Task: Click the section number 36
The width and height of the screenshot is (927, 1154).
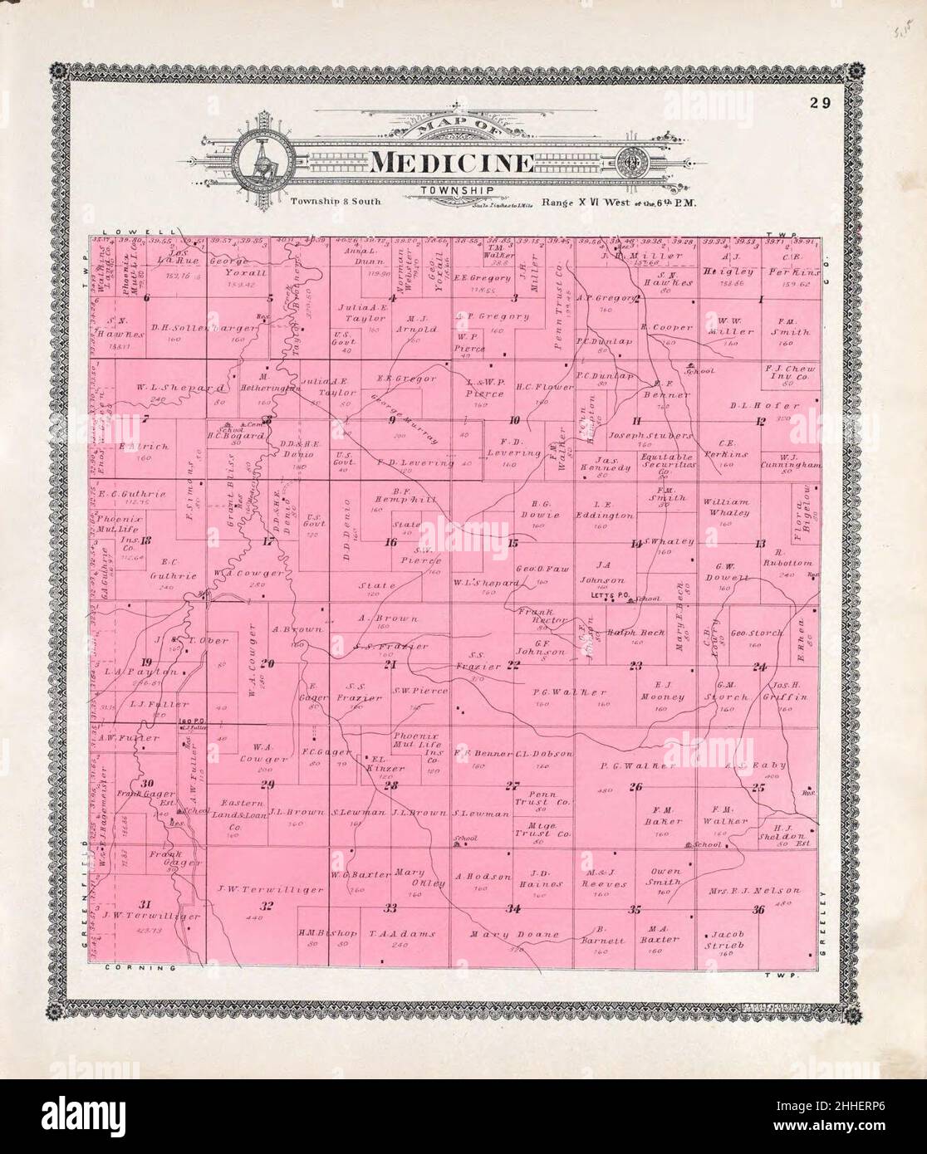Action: pos(758,910)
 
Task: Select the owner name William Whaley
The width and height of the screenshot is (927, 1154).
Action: pos(726,507)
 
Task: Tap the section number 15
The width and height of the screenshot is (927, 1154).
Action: pos(513,543)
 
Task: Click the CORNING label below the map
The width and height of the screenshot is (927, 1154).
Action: pos(138,968)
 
